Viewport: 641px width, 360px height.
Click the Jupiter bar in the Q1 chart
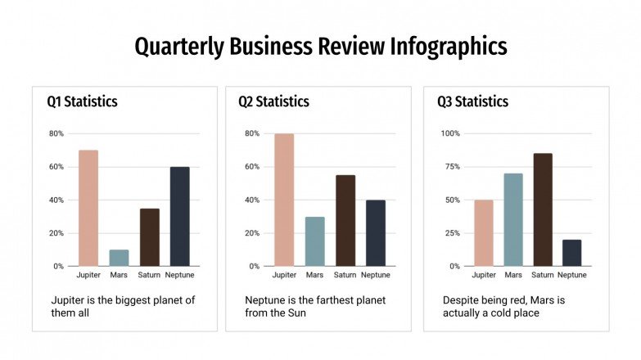pos(88,208)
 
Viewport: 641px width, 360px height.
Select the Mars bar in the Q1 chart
pos(119,258)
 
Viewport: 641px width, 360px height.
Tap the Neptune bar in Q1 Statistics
pos(179,216)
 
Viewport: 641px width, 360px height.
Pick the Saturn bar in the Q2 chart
pos(345,220)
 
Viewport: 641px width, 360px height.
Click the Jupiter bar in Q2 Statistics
pos(284,200)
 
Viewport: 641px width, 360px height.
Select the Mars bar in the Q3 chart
pos(513,219)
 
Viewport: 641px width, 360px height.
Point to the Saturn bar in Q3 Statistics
pos(543,209)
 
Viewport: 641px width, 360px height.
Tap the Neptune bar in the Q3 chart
pos(572,253)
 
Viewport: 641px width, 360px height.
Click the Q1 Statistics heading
pos(82,102)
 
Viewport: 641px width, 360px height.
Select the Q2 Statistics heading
pos(273,102)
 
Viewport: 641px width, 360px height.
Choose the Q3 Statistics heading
pos(472,102)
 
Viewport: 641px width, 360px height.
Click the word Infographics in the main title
pos(448,47)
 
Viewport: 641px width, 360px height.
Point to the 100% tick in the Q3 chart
pos(450,133)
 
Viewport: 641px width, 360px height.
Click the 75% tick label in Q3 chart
pos(452,167)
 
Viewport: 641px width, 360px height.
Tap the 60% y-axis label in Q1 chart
pos(56,167)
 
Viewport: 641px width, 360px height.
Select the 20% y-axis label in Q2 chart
pos(252,233)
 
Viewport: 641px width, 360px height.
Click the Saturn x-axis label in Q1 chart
pos(149,275)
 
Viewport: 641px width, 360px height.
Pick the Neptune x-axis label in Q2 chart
pos(376,275)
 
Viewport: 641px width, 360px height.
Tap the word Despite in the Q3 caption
pos(463,300)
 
